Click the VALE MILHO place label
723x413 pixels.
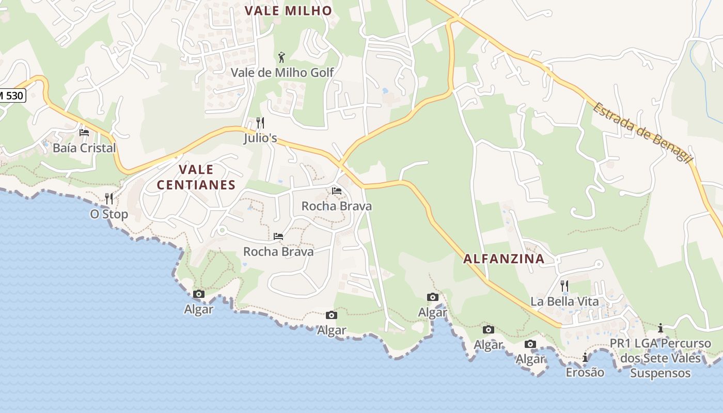tap(288, 11)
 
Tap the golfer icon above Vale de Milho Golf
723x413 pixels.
tap(281, 57)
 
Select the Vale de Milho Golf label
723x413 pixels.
tap(282, 73)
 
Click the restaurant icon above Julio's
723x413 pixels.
tap(260, 123)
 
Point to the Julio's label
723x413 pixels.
tap(260, 138)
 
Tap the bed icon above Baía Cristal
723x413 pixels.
tap(84, 133)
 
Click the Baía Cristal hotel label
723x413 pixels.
tap(84, 148)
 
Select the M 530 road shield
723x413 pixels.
tap(11, 96)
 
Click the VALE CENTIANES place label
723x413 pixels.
tap(196, 177)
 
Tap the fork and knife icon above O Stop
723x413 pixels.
tap(109, 199)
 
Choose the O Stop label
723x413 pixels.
tap(109, 214)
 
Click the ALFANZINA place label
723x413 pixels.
tap(504, 259)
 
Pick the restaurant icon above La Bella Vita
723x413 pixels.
tap(564, 285)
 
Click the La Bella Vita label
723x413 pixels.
tap(564, 301)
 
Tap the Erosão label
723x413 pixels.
tap(585, 372)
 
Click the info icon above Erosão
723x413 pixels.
tap(585, 357)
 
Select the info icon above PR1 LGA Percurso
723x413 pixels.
tap(660, 328)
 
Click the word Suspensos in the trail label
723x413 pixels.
tap(660, 373)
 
